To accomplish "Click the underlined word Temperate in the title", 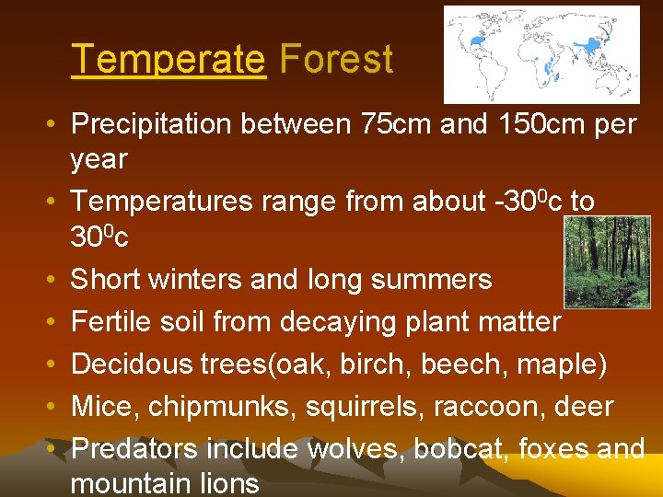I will (168, 60).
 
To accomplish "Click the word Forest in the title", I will (336, 60).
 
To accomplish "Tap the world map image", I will (541, 54).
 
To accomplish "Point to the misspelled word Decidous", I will (128, 364).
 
